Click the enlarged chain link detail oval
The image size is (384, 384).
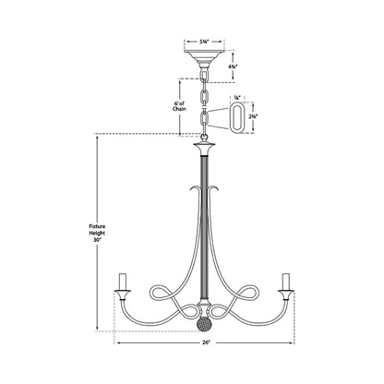click(x=238, y=118)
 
